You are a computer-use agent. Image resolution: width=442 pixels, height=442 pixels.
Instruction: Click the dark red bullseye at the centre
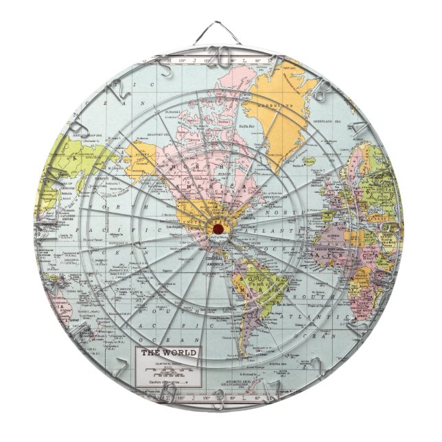click(219, 227)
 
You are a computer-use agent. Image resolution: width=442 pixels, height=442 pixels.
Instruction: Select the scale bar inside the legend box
click(168, 371)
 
